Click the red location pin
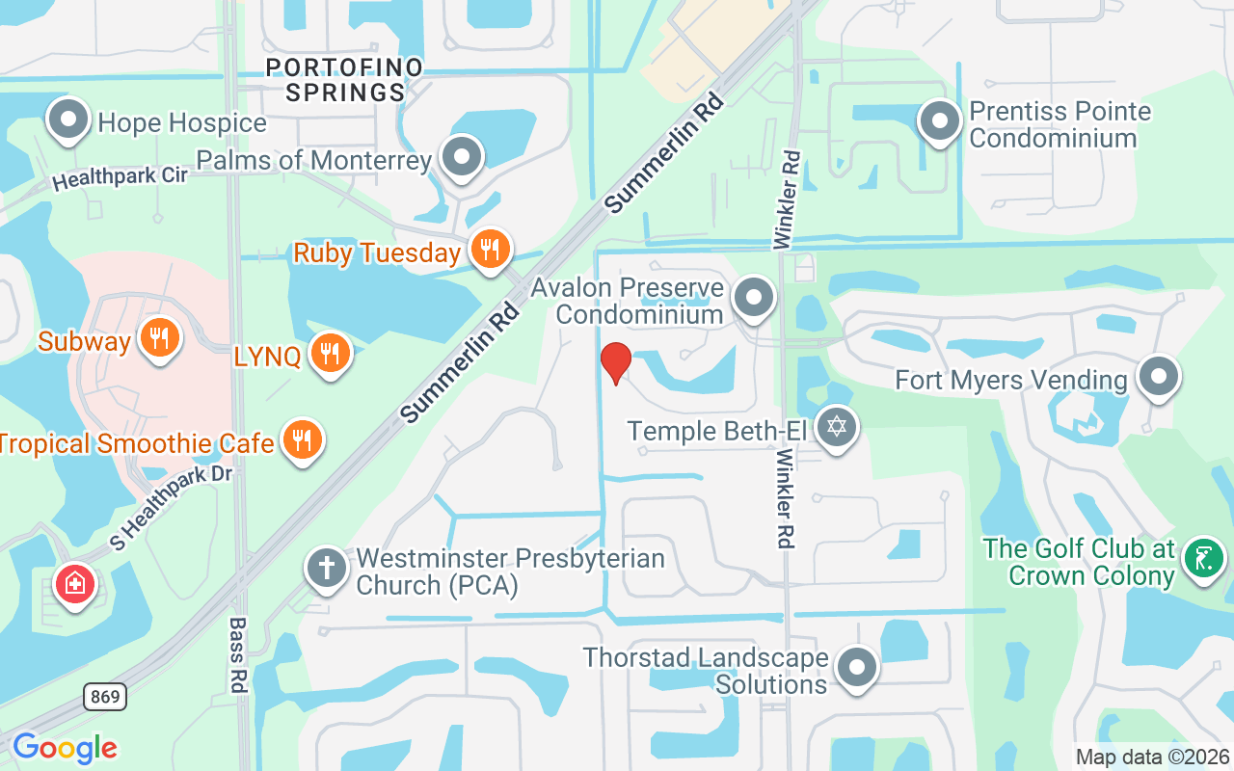click(615, 362)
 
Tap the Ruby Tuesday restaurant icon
click(491, 251)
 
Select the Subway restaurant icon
click(160, 338)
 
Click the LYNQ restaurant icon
click(330, 354)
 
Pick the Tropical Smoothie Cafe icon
click(303, 440)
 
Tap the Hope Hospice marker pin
click(68, 121)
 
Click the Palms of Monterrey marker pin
click(462, 156)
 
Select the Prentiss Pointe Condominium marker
click(940, 121)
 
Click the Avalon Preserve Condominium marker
click(754, 298)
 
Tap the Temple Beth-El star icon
click(837, 427)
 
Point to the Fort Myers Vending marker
click(1159, 377)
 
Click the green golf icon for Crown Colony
click(1203, 558)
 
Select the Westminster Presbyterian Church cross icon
click(327, 569)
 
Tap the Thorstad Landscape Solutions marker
click(855, 667)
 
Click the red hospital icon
click(75, 583)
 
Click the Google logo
click(65, 748)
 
